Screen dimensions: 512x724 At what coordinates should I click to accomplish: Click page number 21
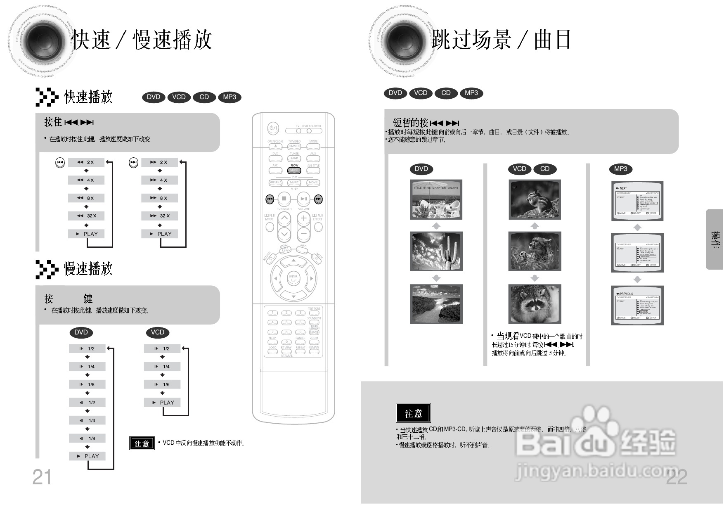pyautogui.click(x=42, y=477)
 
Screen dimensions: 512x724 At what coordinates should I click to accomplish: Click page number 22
pyautogui.click(x=677, y=477)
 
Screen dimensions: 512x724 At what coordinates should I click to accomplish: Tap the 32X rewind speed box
pyautogui.click(x=86, y=216)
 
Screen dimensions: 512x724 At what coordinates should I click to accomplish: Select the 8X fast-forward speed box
pyautogui.click(x=159, y=198)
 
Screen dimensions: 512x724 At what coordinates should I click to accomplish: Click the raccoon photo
pyautogui.click(x=535, y=304)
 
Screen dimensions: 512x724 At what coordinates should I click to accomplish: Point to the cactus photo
pyautogui.click(x=436, y=251)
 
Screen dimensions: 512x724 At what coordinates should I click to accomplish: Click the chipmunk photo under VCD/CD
pyautogui.click(x=535, y=199)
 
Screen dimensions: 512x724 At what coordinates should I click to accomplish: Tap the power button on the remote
pyautogui.click(x=273, y=128)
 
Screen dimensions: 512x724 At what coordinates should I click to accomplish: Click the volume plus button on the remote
pyautogui.click(x=303, y=218)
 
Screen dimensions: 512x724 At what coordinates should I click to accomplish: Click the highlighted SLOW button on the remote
pyautogui.click(x=294, y=170)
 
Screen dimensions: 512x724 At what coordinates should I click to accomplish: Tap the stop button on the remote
pyautogui.click(x=284, y=199)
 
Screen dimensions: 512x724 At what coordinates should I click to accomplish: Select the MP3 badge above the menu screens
pyautogui.click(x=620, y=169)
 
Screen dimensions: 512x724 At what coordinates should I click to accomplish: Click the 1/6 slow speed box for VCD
pyautogui.click(x=162, y=384)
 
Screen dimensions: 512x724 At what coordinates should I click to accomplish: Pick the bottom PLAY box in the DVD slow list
pyautogui.click(x=87, y=456)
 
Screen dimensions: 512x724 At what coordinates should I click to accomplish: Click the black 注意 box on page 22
pyautogui.click(x=413, y=413)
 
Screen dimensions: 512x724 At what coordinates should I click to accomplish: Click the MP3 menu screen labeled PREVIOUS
pyautogui.click(x=637, y=306)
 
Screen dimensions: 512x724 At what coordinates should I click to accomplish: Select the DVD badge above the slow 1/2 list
pyautogui.click(x=81, y=332)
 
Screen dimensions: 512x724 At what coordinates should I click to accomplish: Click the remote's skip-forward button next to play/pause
pyautogui.click(x=318, y=199)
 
